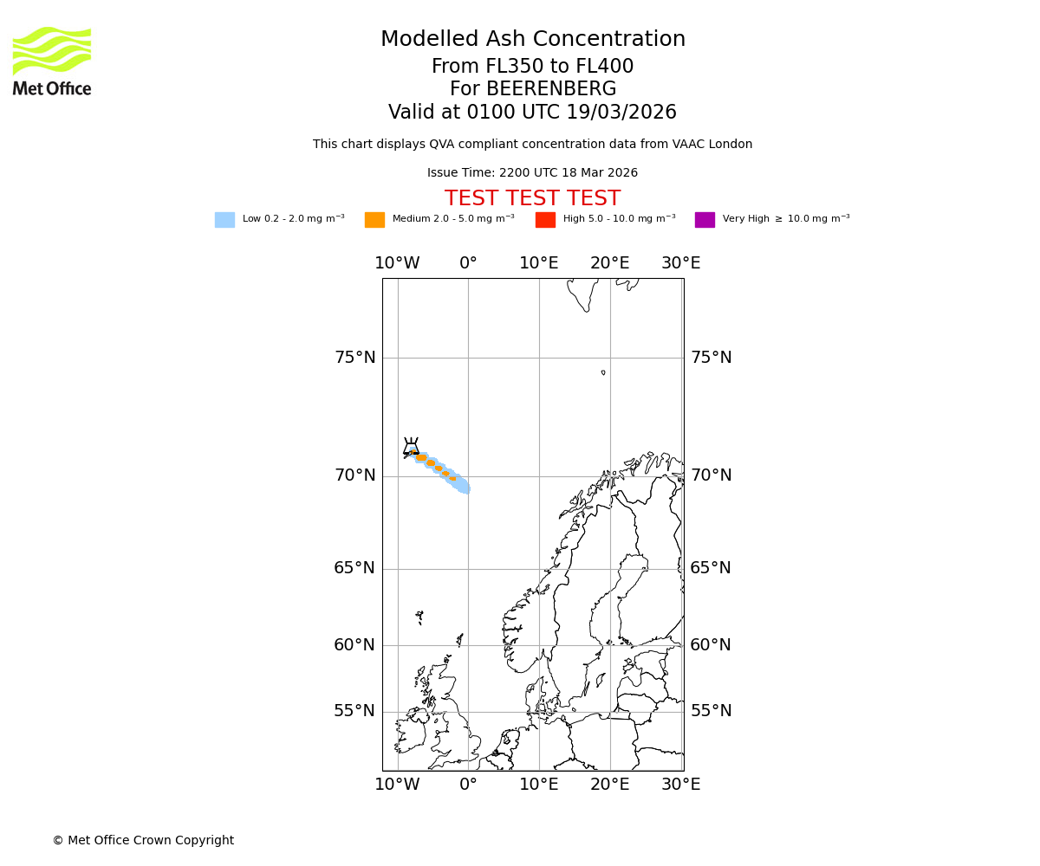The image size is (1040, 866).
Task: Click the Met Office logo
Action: click(52, 61)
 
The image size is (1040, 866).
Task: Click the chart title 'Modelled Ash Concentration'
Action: click(532, 40)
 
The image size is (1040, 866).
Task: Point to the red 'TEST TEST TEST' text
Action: click(532, 199)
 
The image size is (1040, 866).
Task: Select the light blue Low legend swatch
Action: click(224, 220)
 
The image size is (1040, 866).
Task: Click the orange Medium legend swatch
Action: click(374, 220)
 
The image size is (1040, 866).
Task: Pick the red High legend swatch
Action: click(545, 220)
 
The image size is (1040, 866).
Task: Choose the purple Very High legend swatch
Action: click(705, 220)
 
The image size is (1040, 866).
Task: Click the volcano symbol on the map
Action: click(411, 447)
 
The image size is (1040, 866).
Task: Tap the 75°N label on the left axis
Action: click(355, 358)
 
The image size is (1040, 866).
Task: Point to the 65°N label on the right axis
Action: click(711, 568)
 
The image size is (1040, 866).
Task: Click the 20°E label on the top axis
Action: click(610, 263)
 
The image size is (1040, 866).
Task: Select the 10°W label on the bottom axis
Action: click(397, 785)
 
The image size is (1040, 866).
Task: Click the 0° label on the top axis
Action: click(468, 263)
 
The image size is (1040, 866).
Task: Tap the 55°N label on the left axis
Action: click(355, 711)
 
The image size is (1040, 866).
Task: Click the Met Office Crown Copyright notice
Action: click(143, 841)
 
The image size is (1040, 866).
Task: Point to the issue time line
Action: click(532, 173)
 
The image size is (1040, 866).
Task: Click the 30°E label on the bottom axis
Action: click(681, 785)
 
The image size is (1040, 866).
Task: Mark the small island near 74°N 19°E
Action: click(603, 372)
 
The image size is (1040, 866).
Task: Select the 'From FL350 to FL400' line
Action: click(532, 67)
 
